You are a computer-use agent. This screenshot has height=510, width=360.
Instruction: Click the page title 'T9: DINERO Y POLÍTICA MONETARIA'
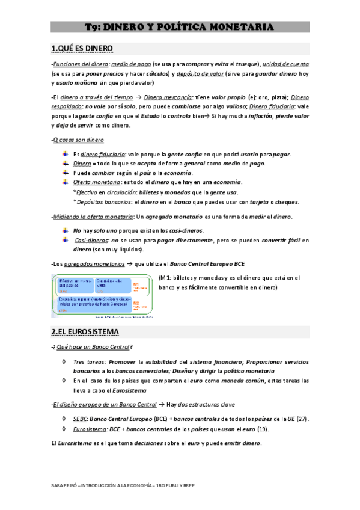tap(180, 27)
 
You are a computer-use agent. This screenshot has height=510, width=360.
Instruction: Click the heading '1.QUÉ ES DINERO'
tap(82, 48)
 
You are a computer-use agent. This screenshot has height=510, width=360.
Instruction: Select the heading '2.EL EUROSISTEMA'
tap(85, 331)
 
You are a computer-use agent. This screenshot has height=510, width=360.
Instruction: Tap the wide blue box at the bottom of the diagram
tap(93, 302)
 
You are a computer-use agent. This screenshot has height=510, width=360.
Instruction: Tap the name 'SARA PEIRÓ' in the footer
tap(64, 484)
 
